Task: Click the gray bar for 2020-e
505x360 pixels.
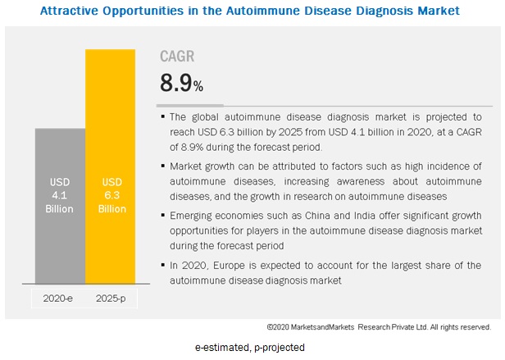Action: pyautogui.click(x=59, y=205)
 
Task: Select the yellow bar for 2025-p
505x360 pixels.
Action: pyautogui.click(x=110, y=164)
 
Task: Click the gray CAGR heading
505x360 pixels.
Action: pyautogui.click(x=178, y=57)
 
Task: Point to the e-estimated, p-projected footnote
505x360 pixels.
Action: pyautogui.click(x=250, y=348)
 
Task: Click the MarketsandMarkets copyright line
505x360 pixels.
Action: pyautogui.click(x=379, y=326)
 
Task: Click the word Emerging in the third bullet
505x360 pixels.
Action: pyautogui.click(x=192, y=216)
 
